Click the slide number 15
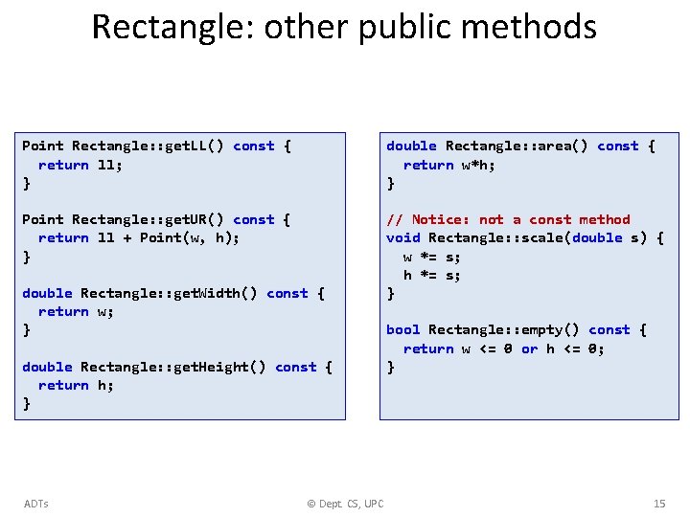(659, 504)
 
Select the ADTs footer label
(35, 504)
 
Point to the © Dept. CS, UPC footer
(345, 504)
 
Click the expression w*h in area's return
(479, 165)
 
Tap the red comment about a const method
(508, 219)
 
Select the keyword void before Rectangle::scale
(402, 237)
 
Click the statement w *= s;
(431, 257)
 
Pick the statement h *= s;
(431, 275)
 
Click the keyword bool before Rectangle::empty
(402, 329)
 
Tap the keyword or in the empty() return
(529, 348)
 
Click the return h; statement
(77, 385)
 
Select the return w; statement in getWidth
(77, 311)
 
